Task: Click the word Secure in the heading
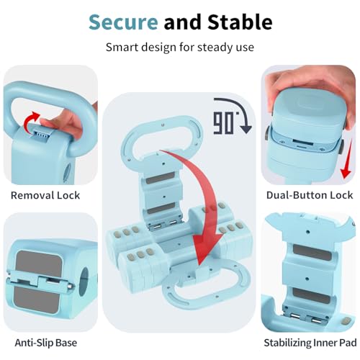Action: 123,22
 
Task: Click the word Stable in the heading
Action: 240,22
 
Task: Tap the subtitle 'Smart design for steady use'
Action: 180,48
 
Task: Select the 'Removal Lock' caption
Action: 45,195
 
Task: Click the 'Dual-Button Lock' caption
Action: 310,195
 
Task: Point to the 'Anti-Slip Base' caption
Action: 46,343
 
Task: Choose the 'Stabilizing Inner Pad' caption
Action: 310,343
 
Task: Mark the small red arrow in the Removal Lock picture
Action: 30,121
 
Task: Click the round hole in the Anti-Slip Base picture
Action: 84,281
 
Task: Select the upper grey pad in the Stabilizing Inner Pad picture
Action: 312,253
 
